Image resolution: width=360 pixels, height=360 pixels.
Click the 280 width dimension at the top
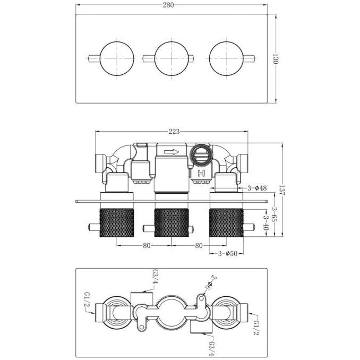point(172,5)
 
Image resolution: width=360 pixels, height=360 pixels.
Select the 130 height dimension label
point(275,58)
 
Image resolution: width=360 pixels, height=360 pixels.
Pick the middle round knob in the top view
point(171,58)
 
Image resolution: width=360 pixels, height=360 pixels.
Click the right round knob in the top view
point(226,58)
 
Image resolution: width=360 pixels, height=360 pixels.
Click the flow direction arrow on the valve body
point(172,152)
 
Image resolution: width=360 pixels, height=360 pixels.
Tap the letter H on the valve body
point(201,173)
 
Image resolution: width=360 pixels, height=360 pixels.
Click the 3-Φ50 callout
point(227,253)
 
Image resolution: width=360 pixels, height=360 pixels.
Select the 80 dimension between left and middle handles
point(146,245)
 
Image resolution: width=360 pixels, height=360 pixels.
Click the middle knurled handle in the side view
point(171,223)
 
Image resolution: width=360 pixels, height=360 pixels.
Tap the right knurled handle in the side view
point(227,223)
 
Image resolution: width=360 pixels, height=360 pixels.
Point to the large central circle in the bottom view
point(171,310)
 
